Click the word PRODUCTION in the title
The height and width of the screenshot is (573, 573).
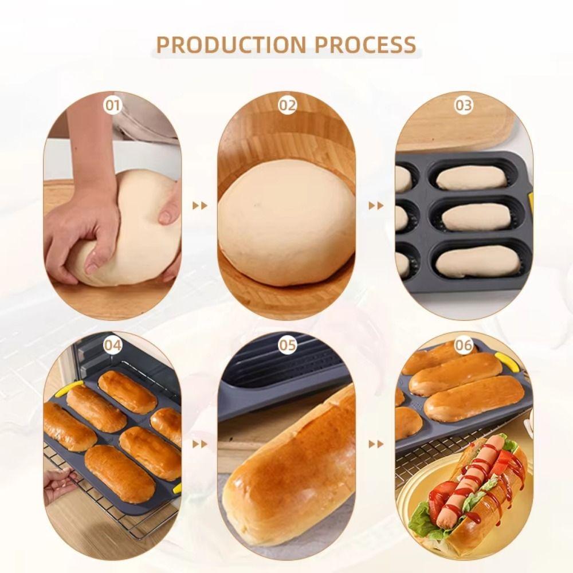tap(225, 45)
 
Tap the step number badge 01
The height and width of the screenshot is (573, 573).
tap(113, 105)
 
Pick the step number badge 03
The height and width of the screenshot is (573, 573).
tap(463, 105)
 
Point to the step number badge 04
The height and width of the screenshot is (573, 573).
tap(113, 345)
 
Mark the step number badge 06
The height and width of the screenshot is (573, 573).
tap(463, 345)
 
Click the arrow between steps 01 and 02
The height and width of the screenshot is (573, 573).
tap(199, 206)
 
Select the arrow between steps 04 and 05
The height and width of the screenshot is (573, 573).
tap(199, 444)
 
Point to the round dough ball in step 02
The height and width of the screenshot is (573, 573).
tap(286, 221)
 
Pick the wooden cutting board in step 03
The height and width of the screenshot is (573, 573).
tap(458, 129)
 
